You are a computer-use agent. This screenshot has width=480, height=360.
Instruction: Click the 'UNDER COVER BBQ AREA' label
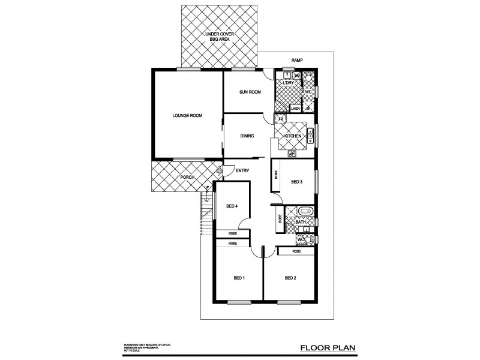(x=218, y=37)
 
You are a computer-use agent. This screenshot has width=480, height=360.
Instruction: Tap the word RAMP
(x=296, y=61)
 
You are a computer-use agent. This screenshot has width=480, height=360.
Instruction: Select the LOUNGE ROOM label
(x=187, y=115)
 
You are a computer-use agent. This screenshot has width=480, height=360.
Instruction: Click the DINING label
(x=247, y=136)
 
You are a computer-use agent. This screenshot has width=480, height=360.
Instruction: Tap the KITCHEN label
(x=293, y=137)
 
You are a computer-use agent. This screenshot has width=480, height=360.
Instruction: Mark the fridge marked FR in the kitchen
(x=280, y=119)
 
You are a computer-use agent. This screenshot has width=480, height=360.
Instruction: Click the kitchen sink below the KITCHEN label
(x=292, y=154)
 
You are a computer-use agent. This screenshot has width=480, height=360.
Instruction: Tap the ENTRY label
(x=242, y=171)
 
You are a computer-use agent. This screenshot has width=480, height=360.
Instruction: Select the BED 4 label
(x=233, y=206)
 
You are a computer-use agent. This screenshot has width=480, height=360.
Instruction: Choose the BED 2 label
(x=291, y=278)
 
